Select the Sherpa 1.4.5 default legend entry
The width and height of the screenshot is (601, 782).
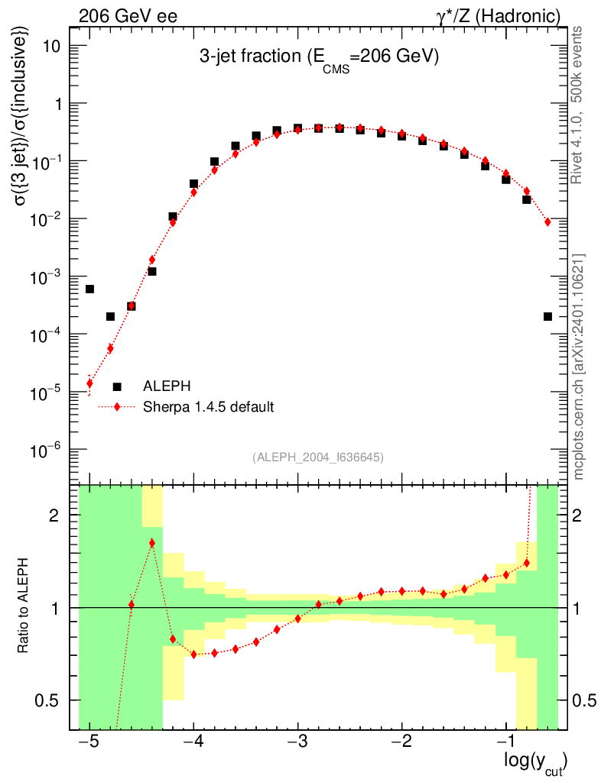pos(208,406)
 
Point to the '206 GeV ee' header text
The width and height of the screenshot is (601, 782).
pos(128,15)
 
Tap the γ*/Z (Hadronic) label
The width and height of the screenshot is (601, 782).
pos(505,15)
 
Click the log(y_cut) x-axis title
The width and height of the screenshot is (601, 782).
pos(536,762)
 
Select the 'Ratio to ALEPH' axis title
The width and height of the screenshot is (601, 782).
pos(24,607)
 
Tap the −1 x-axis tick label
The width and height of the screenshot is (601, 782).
pos(505,742)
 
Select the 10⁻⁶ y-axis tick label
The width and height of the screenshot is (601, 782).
pos(50,450)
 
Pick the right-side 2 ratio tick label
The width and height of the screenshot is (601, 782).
pos(577,515)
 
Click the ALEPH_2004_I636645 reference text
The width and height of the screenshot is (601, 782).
pos(317,457)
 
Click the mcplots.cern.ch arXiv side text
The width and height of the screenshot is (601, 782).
pos(579,367)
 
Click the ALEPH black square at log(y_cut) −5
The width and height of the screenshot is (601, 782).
pos(89,289)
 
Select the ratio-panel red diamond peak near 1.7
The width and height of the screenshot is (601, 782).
pos(152,543)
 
